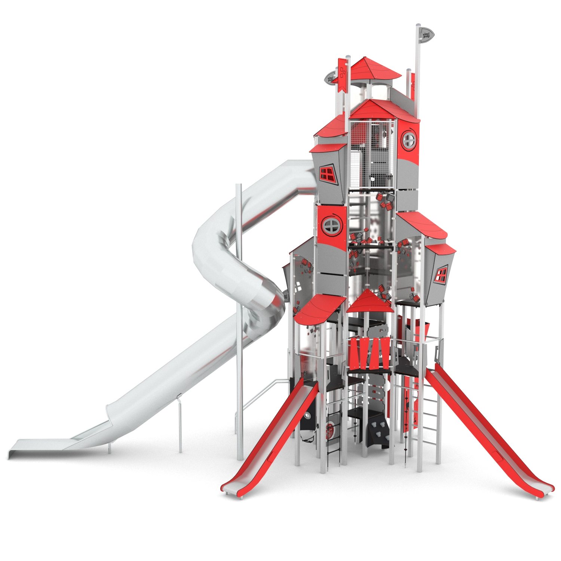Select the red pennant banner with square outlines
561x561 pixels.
(342, 74)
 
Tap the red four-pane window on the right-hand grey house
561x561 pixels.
(442, 275)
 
